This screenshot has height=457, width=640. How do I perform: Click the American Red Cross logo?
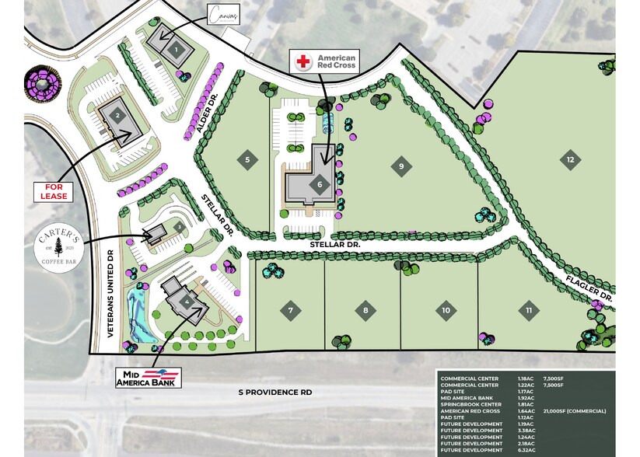click(323, 62)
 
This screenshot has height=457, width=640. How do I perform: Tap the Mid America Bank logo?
click(149, 378)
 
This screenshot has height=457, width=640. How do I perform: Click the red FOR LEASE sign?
click(55, 191)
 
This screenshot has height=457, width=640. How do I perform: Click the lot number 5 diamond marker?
click(247, 160)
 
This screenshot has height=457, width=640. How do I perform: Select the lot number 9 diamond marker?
click(400, 165)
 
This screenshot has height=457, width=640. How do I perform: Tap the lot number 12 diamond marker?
click(570, 159)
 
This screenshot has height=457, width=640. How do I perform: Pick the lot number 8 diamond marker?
click(365, 312)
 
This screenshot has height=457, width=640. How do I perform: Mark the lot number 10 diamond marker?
click(446, 311)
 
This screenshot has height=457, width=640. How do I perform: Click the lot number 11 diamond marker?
click(529, 311)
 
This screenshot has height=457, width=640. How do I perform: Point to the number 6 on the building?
click(319, 184)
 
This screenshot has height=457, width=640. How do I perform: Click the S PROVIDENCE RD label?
click(275, 393)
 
